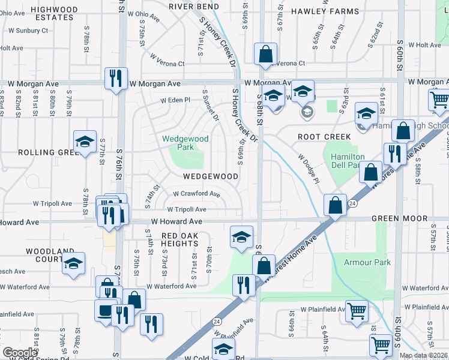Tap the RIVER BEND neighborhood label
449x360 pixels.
(194, 6)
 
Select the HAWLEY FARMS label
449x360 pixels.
(325, 11)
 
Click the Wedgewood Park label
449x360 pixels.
(185, 143)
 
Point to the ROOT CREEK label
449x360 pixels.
(324, 137)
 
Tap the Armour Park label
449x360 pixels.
(367, 262)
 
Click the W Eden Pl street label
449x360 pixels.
(174, 100)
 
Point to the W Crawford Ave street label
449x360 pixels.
(196, 194)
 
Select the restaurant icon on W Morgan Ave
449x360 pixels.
(116, 78)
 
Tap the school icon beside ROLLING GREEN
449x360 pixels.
(85, 142)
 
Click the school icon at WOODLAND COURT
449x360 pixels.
(73, 263)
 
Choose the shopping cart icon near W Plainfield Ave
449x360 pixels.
(357, 311)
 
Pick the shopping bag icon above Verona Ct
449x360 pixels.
(265, 54)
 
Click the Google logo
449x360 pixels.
(20, 352)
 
